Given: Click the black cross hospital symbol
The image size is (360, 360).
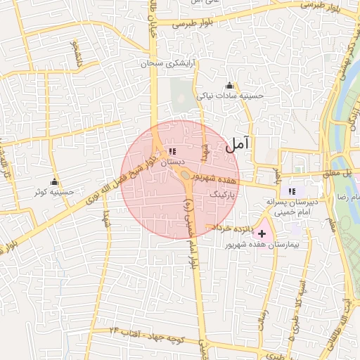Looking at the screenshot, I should (262, 233).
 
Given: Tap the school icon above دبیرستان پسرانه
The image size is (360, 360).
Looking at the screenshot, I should (292, 191).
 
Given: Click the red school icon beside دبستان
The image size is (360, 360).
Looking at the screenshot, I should (172, 151).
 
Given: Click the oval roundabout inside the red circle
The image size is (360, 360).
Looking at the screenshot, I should (184, 174).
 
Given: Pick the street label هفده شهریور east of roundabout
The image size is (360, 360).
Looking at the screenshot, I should (220, 180).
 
